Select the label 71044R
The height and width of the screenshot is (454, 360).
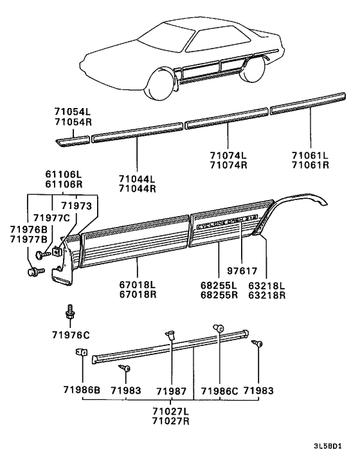136,188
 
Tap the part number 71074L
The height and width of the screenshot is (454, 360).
228,154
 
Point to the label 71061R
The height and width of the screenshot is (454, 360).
310,164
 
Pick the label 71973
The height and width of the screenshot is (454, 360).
77,205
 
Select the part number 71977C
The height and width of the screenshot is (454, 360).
51,217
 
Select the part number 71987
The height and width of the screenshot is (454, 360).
170,390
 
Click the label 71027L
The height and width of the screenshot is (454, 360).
170,411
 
